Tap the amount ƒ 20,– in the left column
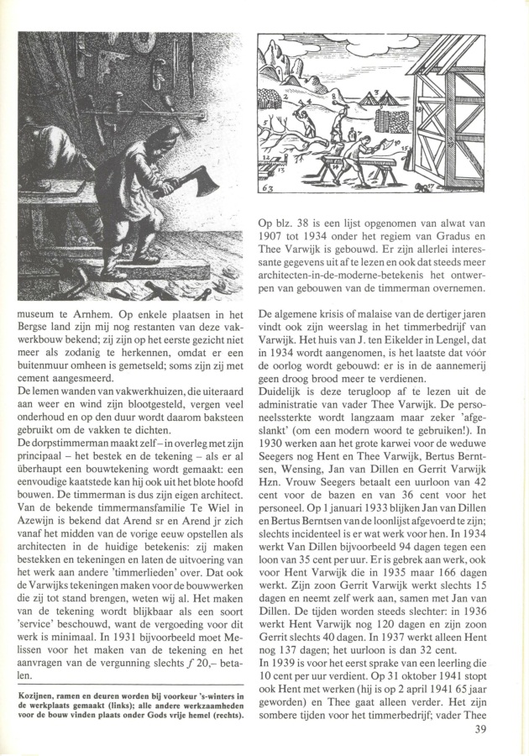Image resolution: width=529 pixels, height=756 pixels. pyautogui.click(x=212, y=659)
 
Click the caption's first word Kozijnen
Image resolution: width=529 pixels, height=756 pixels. pyautogui.click(x=39, y=694)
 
